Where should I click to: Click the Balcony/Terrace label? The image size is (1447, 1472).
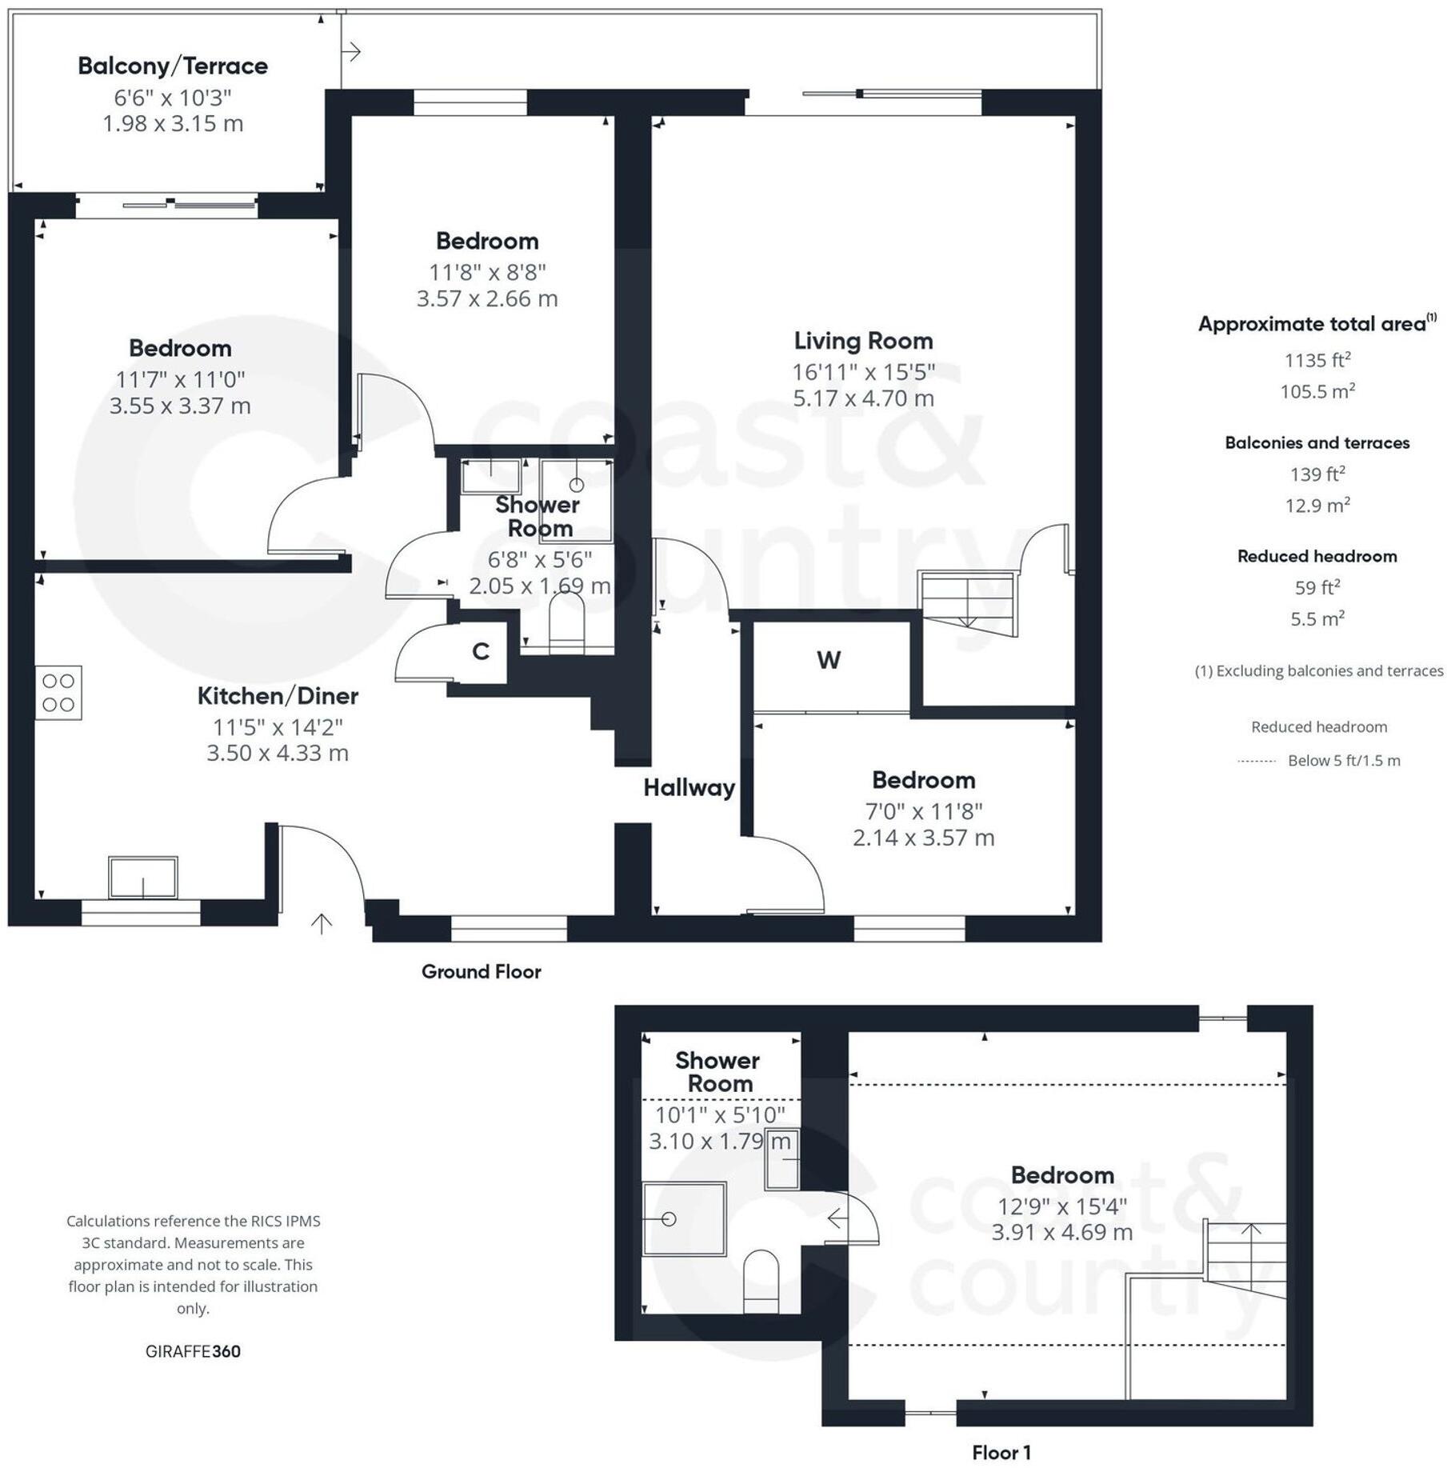pyautogui.click(x=173, y=66)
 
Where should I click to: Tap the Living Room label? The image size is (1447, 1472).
pyautogui.click(x=863, y=341)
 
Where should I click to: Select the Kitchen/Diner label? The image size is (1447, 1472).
pyautogui.click(x=278, y=696)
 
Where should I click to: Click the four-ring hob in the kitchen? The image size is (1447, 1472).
pyautogui.click(x=58, y=693)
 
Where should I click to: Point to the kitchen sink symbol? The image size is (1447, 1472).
pyautogui.click(x=143, y=878)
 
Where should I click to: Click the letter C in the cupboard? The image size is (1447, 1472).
pyautogui.click(x=481, y=652)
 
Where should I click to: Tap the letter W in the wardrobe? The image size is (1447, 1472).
pyautogui.click(x=829, y=661)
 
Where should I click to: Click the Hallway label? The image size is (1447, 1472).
pyautogui.click(x=690, y=788)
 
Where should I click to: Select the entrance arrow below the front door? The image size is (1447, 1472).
pyautogui.click(x=322, y=923)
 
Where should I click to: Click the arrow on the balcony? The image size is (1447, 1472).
pyautogui.click(x=352, y=52)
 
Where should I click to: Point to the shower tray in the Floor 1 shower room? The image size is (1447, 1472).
pyautogui.click(x=684, y=1219)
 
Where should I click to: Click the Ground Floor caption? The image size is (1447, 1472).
pyautogui.click(x=482, y=972)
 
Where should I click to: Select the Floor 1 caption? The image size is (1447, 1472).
pyautogui.click(x=1001, y=1453)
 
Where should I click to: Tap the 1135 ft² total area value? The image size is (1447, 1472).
pyautogui.click(x=1317, y=360)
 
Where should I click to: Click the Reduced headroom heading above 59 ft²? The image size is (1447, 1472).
pyautogui.click(x=1317, y=557)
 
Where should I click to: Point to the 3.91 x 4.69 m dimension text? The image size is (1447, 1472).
pyautogui.click(x=1062, y=1233)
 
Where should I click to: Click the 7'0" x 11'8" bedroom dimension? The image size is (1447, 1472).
pyautogui.click(x=924, y=812)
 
